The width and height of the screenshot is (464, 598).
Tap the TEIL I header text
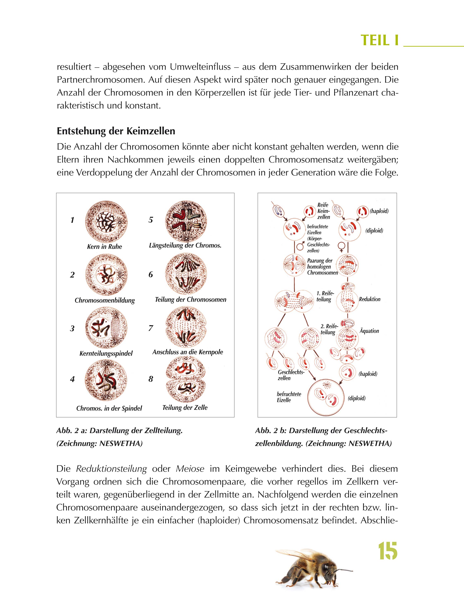[380, 41]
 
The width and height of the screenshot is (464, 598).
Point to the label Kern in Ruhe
[104, 247]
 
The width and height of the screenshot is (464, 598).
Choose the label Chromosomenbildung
[105, 300]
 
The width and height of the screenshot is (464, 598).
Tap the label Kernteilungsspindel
[106, 354]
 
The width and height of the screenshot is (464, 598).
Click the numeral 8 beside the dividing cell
[151, 379]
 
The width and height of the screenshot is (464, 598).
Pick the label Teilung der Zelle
[185, 408]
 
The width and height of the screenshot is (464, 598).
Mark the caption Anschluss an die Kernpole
[188, 352]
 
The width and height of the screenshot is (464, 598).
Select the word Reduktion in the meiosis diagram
[370, 299]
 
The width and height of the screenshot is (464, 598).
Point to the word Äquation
[369, 331]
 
